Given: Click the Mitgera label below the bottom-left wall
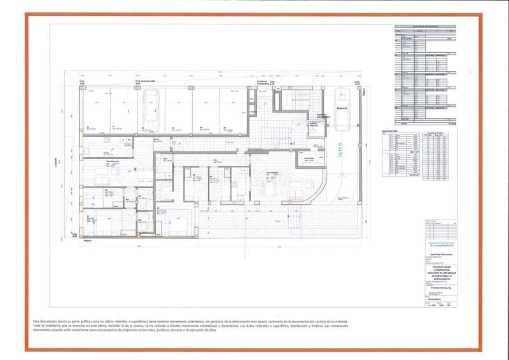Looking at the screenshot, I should [88, 240].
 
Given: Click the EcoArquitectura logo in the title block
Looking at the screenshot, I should [436, 244].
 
